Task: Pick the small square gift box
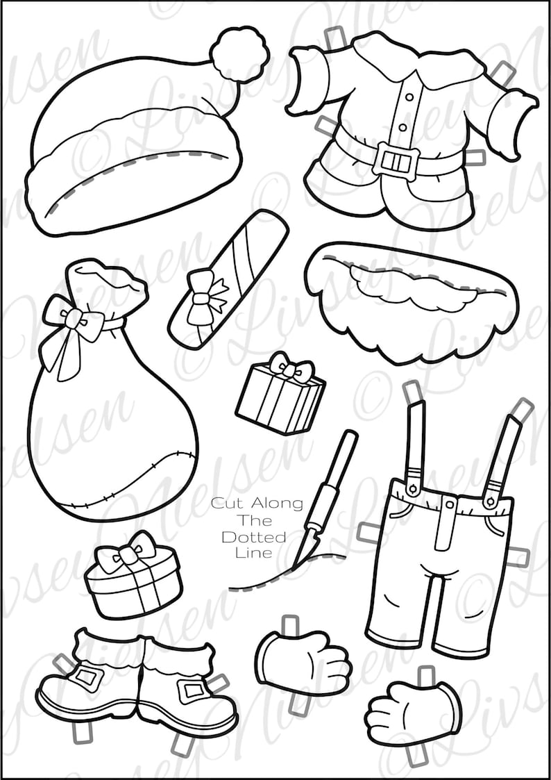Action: tap(280, 396)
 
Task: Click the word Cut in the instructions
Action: tap(223, 503)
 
